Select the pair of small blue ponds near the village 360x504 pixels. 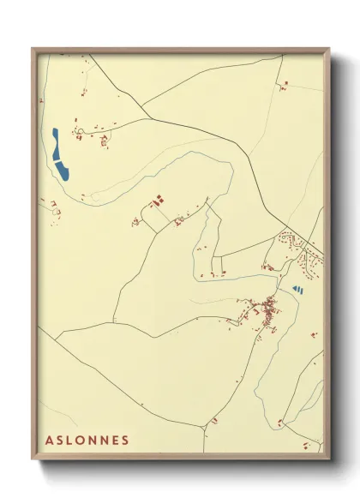point(297,290)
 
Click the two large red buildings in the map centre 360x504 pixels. point(158,202)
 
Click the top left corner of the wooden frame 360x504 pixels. point(33,49)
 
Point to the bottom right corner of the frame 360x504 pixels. point(330,462)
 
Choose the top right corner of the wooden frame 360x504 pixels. point(330,49)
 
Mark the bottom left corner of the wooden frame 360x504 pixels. point(33,462)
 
